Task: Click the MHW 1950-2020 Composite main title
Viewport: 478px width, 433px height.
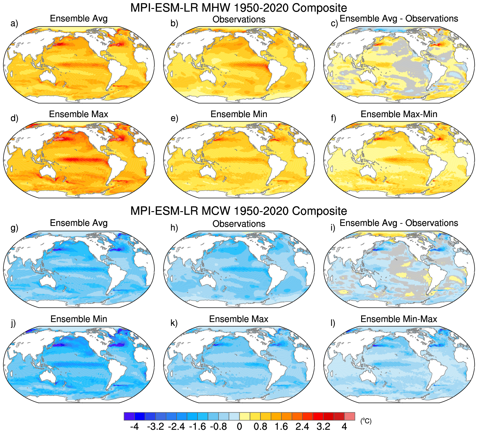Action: pos(239,8)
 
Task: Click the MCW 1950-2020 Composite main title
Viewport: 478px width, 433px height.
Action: pos(239,211)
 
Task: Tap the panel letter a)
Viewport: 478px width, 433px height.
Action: pos(14,23)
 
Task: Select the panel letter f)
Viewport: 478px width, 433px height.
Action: pos(334,118)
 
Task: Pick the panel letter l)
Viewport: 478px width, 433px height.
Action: pos(333,323)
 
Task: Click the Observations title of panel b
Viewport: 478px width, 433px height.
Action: pos(239,19)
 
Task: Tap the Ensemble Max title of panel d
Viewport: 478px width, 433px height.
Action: pos(79,114)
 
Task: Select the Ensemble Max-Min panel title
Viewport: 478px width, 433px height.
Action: pos(399,114)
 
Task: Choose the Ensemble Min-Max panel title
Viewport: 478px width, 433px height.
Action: pos(399,319)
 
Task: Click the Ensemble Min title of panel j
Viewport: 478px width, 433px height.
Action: pos(79,319)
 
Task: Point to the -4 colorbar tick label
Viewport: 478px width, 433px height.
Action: pos(134,427)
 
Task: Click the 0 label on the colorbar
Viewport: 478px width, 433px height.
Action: pos(239,427)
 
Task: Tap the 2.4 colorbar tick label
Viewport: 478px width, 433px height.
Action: pos(302,427)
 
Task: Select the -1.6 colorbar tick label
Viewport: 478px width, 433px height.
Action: pos(197,427)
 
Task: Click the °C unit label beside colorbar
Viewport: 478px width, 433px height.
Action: pos(366,421)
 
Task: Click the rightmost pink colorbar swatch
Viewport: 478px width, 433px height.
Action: pos(350,416)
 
